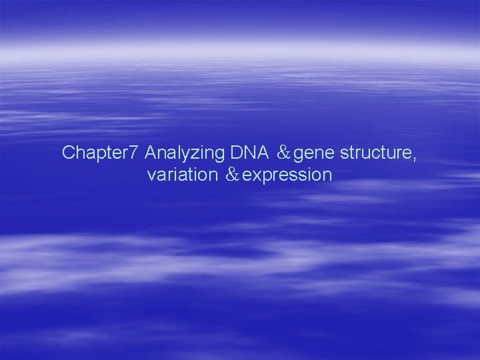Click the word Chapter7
click(x=101, y=153)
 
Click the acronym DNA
click(x=247, y=153)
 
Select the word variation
click(x=182, y=175)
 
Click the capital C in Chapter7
click(x=68, y=153)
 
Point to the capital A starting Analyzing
click(x=150, y=153)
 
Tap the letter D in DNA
click(x=236, y=153)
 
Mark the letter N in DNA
click(x=247, y=153)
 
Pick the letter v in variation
click(x=151, y=176)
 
